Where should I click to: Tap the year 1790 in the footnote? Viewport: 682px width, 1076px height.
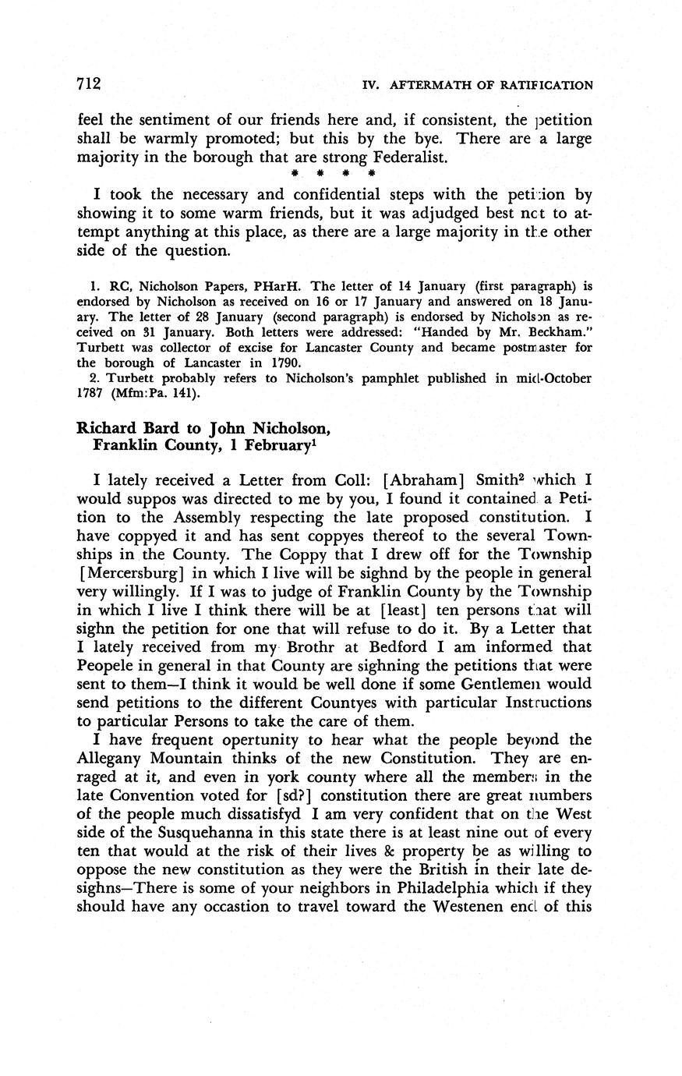[286, 363]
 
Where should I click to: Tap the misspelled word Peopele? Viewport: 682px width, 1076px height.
[106, 665]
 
